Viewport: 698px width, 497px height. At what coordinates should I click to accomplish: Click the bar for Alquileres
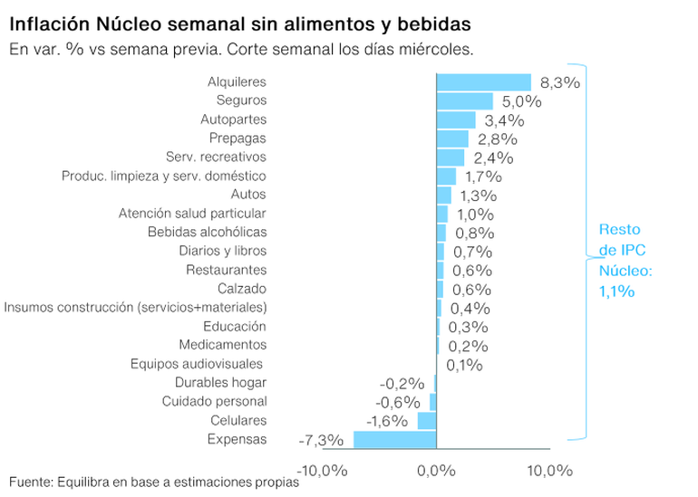tap(483, 82)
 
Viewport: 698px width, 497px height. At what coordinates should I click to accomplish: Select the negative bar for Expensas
tap(395, 440)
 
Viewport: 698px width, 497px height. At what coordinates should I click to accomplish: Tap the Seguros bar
tap(464, 101)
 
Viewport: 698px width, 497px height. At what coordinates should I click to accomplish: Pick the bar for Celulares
tap(427, 421)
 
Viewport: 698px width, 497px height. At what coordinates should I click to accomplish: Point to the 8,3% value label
tap(559, 82)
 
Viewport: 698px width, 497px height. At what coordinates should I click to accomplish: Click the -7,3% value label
tap(321, 441)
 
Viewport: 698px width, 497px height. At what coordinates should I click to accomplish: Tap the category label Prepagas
tap(238, 139)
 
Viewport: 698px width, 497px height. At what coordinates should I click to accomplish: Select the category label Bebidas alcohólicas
tap(208, 233)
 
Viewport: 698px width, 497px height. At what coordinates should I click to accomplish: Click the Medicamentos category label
tap(223, 345)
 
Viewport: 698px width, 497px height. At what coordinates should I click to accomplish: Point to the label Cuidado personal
tap(215, 401)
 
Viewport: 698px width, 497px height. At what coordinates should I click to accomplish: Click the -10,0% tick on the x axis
tap(323, 470)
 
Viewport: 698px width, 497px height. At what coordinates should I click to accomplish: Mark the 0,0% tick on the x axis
tap(436, 470)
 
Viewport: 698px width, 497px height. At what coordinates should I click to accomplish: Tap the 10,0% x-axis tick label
tap(550, 470)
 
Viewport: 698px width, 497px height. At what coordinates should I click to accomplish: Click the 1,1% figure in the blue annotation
tap(616, 291)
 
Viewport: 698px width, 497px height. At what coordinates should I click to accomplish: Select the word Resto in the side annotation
tap(618, 230)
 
